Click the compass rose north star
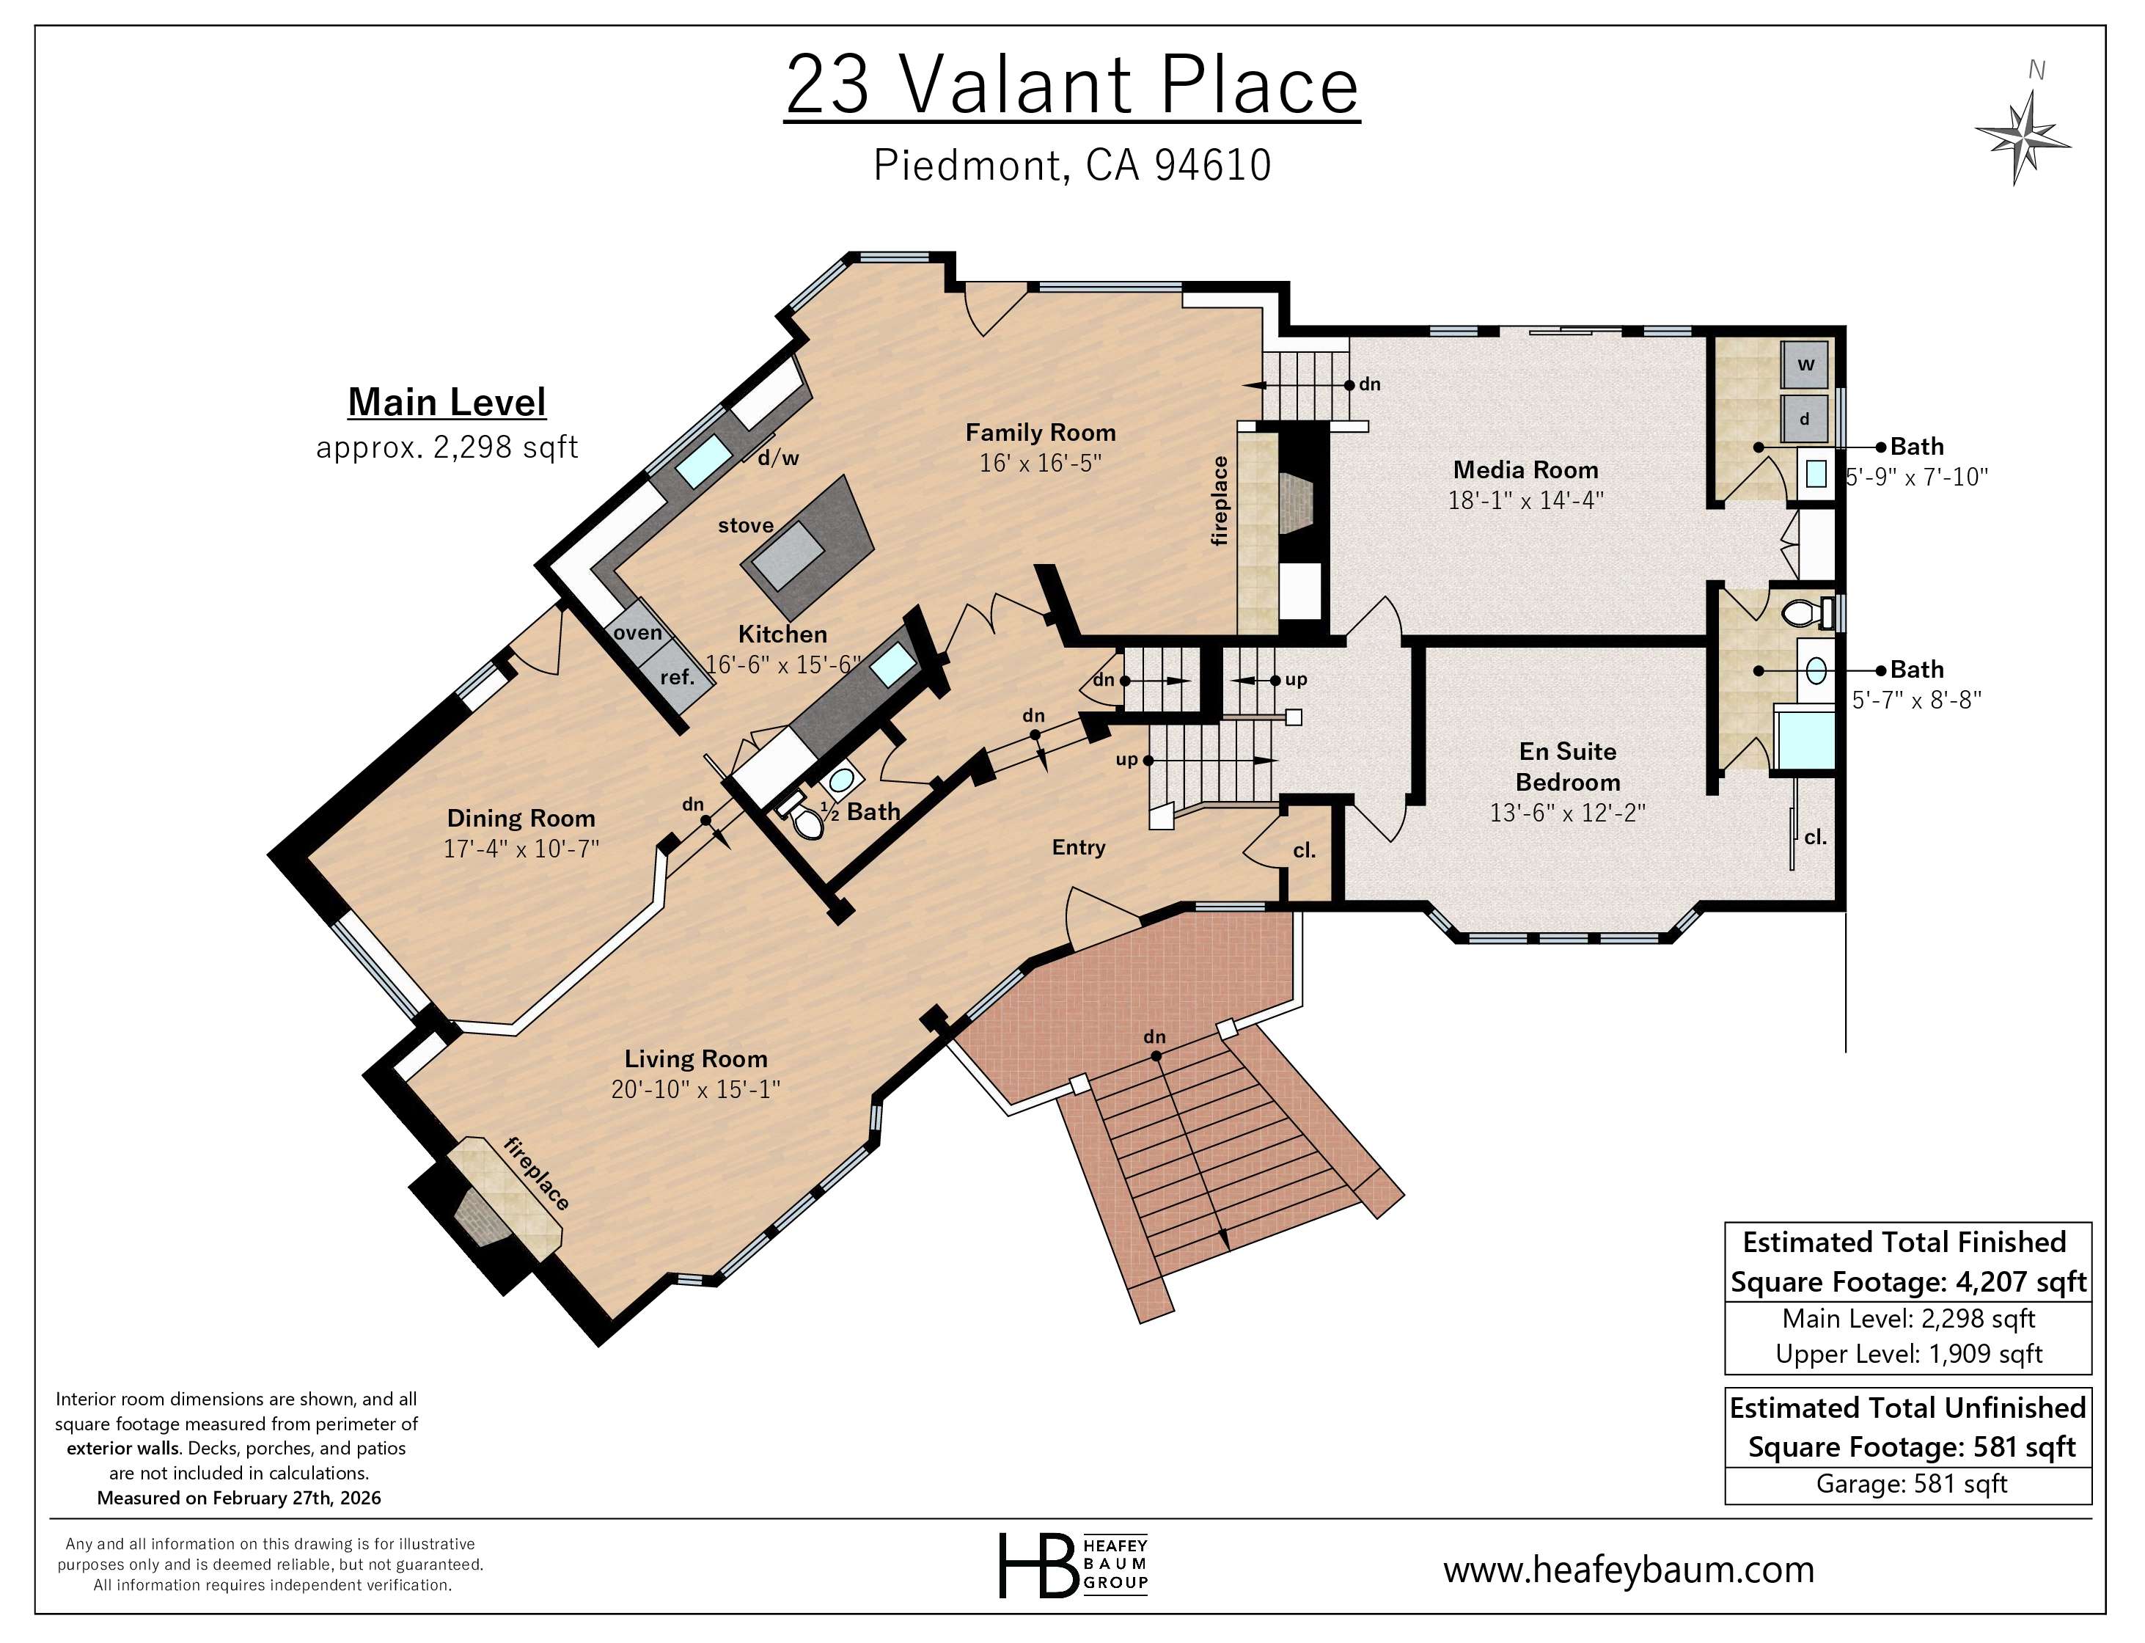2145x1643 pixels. coord(2022,137)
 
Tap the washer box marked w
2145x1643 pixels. coord(1805,365)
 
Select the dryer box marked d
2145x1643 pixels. coord(1805,419)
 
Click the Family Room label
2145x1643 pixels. coord(1041,432)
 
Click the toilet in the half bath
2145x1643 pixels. coord(807,822)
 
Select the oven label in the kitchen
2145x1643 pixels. coord(637,633)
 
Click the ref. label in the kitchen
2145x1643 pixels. coord(677,677)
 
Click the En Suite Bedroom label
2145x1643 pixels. coord(1567,766)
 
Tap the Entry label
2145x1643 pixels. coord(1078,848)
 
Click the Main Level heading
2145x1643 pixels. coord(447,402)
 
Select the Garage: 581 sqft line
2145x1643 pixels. coord(1910,1485)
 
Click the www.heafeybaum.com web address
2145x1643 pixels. coord(1629,1570)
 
